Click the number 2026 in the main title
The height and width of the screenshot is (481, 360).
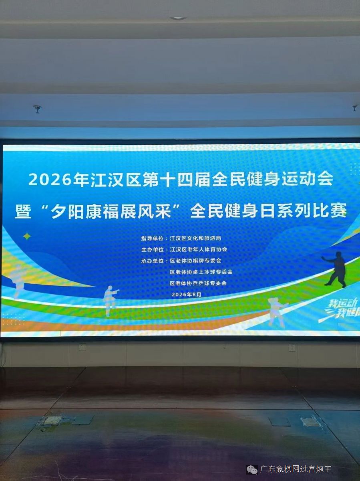pyautogui.click(x=50, y=180)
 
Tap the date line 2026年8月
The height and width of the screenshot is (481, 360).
pyautogui.click(x=187, y=295)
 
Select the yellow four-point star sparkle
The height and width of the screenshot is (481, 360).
pyautogui.click(x=27, y=236)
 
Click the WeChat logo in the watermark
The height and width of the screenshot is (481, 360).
pyautogui.click(x=252, y=469)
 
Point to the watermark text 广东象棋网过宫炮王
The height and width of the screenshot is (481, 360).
pyautogui.click(x=296, y=469)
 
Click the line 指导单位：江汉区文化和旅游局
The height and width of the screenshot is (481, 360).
pyautogui.click(x=181, y=238)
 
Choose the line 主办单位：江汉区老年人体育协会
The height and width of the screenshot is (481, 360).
pyautogui.click(x=184, y=249)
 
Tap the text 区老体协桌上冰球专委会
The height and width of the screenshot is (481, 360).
pyautogui.click(x=201, y=272)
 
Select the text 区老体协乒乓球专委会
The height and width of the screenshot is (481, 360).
pyautogui.click(x=198, y=283)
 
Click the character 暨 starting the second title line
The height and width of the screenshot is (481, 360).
pyautogui.click(x=23, y=212)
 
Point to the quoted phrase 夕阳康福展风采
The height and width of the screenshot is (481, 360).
pyautogui.click(x=111, y=212)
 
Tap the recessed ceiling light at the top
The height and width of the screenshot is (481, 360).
pyautogui.click(x=178, y=18)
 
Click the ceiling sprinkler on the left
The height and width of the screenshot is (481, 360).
pyautogui.click(x=37, y=109)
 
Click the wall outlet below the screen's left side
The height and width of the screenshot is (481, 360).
pyautogui.click(x=82, y=348)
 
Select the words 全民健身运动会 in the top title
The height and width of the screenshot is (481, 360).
pyautogui.click(x=273, y=180)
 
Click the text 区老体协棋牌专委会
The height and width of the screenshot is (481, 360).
pyautogui.click(x=195, y=261)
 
